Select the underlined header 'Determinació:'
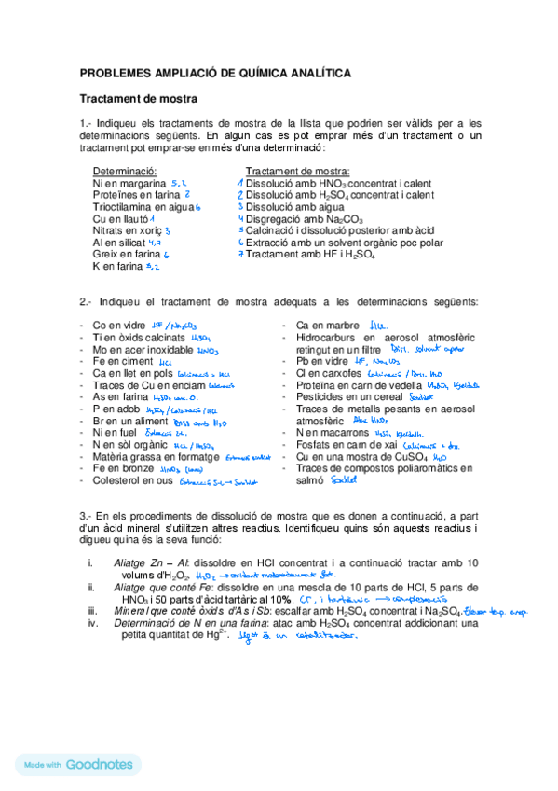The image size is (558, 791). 125,173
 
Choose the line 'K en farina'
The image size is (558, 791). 118,266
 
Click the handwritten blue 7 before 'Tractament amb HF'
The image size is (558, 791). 239,254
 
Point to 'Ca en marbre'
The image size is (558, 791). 327,325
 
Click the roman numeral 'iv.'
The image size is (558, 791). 90,622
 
